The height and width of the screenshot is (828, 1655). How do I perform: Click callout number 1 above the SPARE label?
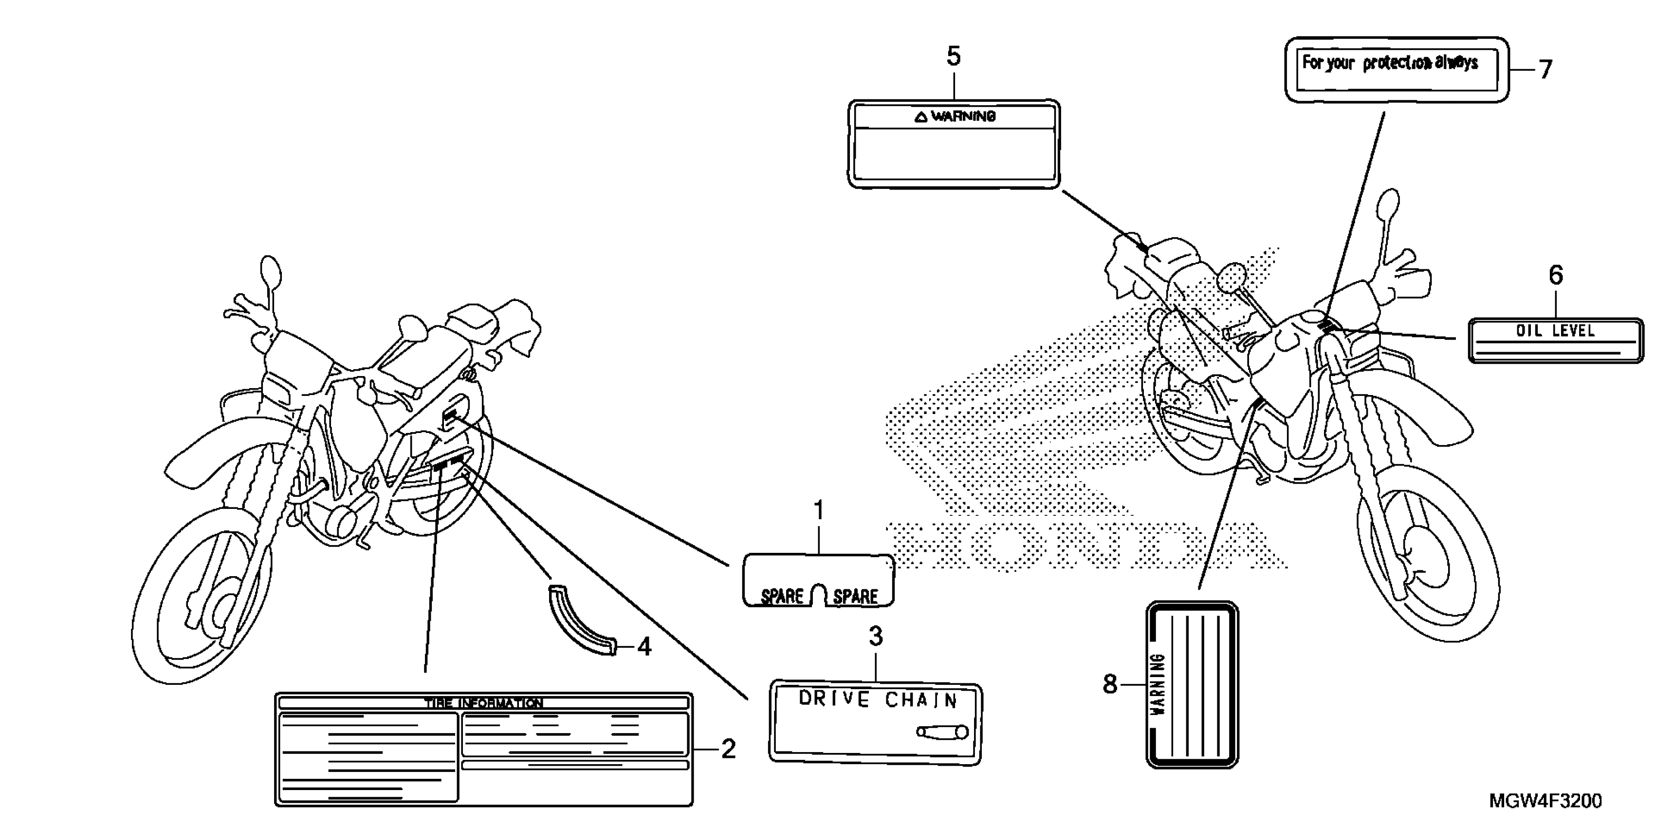coord(819,511)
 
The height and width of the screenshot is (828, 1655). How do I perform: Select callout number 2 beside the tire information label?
coord(727,749)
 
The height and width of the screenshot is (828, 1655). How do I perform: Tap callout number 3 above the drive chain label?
coord(876,637)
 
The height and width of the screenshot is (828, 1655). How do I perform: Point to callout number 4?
coord(644,647)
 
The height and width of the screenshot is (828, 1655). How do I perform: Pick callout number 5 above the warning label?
coord(954,56)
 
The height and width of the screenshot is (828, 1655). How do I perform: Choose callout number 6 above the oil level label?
coord(1555,275)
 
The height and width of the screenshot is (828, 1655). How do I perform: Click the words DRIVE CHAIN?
coord(878,699)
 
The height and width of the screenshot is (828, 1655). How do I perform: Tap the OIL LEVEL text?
coord(1555,331)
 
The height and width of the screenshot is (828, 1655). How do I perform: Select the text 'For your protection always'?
coord(1390,63)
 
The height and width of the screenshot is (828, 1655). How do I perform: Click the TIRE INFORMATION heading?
coord(483,703)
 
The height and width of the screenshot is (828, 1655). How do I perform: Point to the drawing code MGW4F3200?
coord(1545,801)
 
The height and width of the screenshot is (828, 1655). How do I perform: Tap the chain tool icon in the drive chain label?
coord(942,732)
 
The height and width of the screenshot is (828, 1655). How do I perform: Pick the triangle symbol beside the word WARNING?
coord(920,117)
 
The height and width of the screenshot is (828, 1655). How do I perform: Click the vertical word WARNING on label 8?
coord(1158,685)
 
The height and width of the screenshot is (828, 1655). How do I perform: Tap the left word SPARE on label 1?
coord(781,596)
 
